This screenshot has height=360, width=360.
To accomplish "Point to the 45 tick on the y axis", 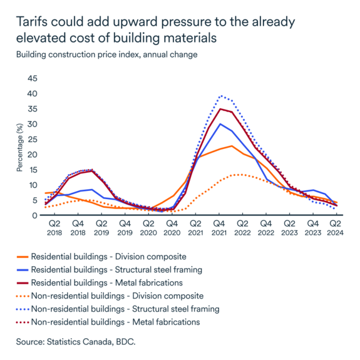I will pyautogui.click(x=31, y=79).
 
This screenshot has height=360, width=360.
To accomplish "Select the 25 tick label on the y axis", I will pyautogui.click(x=31, y=140).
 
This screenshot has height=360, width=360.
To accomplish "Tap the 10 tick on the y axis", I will pyautogui.click(x=31, y=185).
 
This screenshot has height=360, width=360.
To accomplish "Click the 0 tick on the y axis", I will pyautogui.click(x=34, y=215).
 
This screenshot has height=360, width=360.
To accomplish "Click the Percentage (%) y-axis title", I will pyautogui.click(x=19, y=147).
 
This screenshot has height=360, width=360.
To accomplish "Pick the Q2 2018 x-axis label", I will pyautogui.click(x=54, y=227).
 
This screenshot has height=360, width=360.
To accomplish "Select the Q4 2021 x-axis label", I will pyautogui.click(x=219, y=227).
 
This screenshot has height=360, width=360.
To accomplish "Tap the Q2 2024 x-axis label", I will pyautogui.click(x=336, y=227).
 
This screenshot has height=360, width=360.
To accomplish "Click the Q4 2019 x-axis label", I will pyautogui.click(x=125, y=227).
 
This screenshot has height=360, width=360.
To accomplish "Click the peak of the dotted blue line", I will pyautogui.click(x=220, y=96).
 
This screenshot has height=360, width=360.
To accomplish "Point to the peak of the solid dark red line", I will pyautogui.click(x=220, y=109).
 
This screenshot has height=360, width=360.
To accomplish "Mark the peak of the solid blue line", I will pyautogui.click(x=220, y=124).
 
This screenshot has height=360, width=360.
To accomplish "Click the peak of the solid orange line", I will pyautogui.click(x=232, y=146).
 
